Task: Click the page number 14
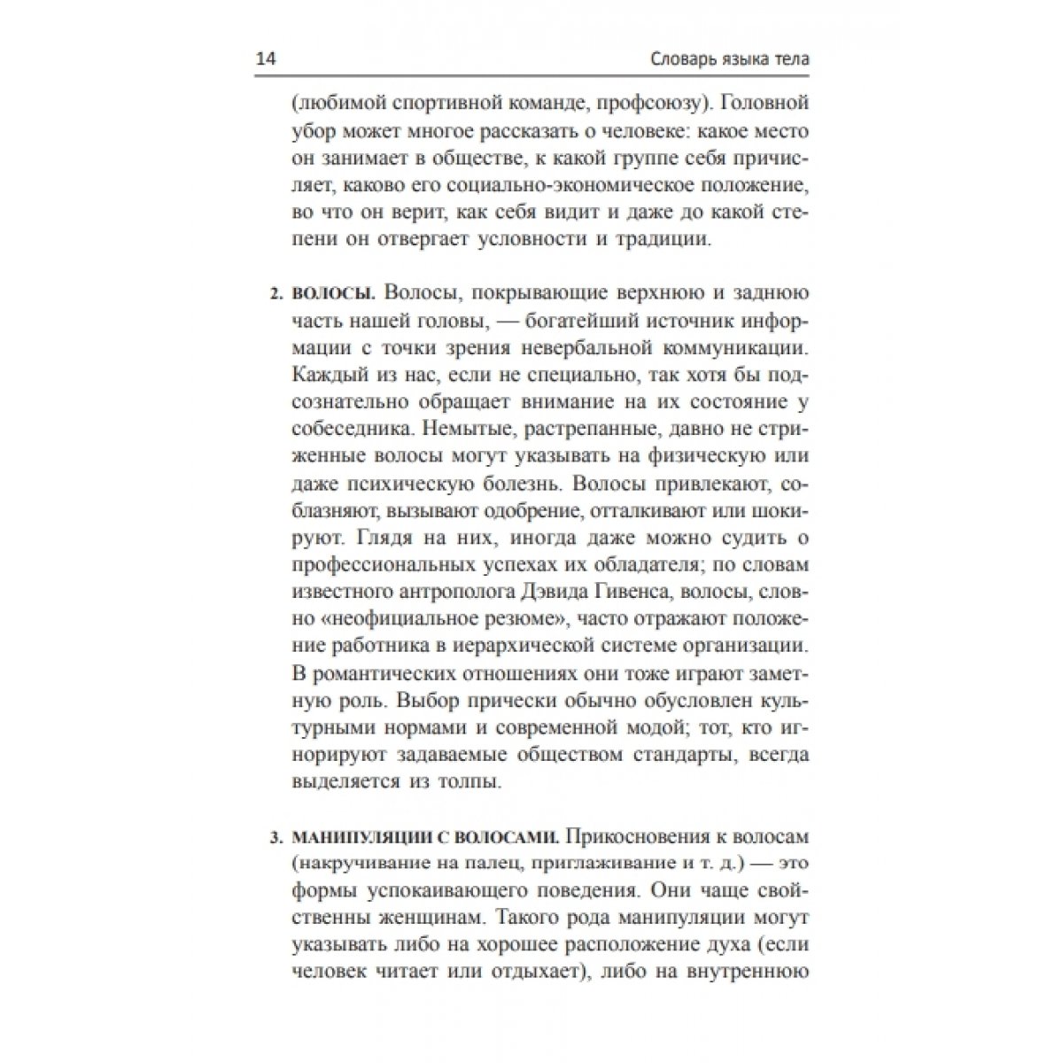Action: pos(265,60)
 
